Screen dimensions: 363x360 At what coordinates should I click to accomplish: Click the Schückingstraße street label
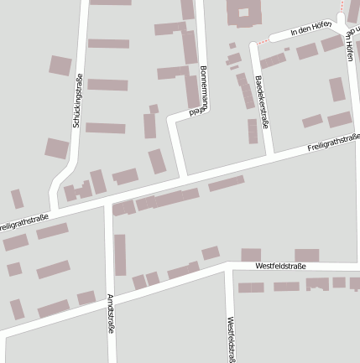pyautogui.click(x=77, y=101)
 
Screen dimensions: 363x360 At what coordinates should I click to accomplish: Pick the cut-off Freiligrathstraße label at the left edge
pyautogui.click(x=23, y=222)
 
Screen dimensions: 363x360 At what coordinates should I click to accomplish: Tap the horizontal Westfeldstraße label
pyautogui.click(x=280, y=266)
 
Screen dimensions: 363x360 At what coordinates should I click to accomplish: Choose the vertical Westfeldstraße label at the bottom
pyautogui.click(x=231, y=339)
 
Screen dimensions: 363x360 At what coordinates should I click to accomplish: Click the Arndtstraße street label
pyautogui.click(x=111, y=314)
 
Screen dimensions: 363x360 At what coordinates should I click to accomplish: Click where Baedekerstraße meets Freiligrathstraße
pyautogui.click(x=269, y=158)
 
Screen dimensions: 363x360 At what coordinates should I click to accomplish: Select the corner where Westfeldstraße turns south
pyautogui.click(x=230, y=267)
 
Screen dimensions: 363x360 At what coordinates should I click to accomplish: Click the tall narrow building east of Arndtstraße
pyautogui.click(x=120, y=255)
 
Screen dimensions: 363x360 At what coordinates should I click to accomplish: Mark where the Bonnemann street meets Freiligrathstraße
pyautogui.click(x=184, y=179)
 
